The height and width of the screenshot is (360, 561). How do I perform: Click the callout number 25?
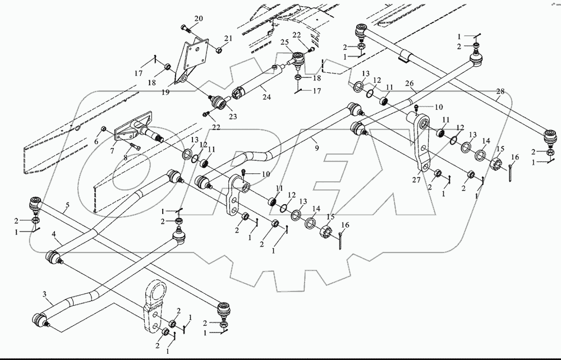click(284, 42)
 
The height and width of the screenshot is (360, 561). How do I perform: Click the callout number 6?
click(96, 142)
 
